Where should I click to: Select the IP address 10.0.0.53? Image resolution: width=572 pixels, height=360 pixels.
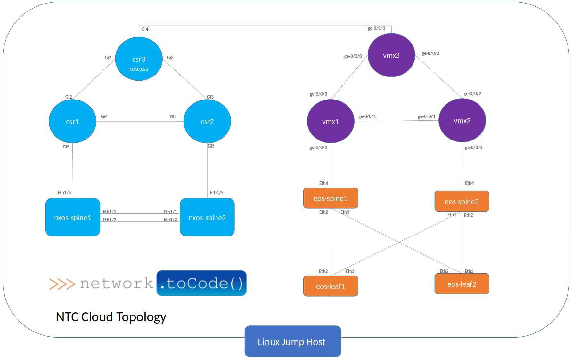click(x=139, y=69)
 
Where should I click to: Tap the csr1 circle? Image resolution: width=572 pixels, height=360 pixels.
click(x=72, y=122)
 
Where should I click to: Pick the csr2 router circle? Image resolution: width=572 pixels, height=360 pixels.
click(x=207, y=122)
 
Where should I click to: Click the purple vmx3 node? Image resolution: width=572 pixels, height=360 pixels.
click(x=391, y=55)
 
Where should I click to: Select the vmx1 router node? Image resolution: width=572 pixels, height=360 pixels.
click(x=331, y=122)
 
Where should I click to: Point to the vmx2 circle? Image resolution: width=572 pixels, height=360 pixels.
click(x=462, y=121)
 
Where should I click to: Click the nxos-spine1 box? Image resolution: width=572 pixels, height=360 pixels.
click(x=73, y=218)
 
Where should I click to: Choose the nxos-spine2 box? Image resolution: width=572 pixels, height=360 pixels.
click(x=207, y=218)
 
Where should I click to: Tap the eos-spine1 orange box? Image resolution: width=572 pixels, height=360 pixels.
click(x=331, y=198)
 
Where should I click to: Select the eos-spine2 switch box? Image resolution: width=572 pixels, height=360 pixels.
click(x=462, y=202)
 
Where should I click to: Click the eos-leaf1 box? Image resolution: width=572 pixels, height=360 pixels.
click(x=331, y=286)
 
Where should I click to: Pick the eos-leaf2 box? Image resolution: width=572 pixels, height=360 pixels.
click(x=462, y=284)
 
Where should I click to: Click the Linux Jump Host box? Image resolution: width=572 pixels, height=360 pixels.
click(x=292, y=342)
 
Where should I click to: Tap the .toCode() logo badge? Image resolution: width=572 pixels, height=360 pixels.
click(x=201, y=283)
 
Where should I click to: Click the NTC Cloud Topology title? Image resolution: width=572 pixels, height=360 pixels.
click(x=111, y=317)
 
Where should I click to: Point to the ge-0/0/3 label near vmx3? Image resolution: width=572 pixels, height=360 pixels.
click(x=376, y=28)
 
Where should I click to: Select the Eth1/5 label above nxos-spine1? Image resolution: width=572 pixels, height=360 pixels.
click(x=64, y=193)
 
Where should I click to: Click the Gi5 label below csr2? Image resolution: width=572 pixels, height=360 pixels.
click(x=211, y=146)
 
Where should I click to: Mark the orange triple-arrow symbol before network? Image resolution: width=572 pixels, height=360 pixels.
click(x=62, y=284)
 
